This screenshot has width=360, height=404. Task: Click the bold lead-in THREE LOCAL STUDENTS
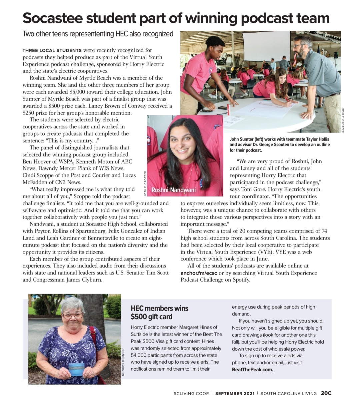pos(52,51)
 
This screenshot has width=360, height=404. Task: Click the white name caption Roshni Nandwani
pos(173,190)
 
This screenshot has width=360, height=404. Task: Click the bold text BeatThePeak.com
pos(252,370)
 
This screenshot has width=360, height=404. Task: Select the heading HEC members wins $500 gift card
pos(159,312)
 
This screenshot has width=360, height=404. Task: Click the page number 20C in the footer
pos(326,393)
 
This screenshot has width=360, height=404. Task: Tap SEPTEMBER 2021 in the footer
pos(235,394)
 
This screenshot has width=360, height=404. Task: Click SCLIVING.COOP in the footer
pos(191,394)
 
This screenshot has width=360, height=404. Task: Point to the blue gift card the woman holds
pos(77,369)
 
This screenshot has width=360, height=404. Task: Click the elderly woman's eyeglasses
pos(73,315)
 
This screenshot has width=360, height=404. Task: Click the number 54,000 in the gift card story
pos(141,355)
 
